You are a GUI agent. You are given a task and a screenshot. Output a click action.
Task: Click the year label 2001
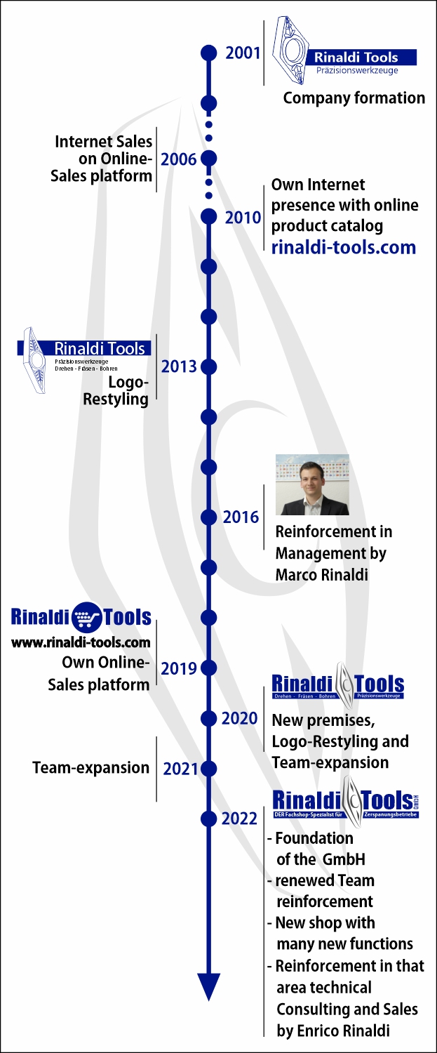pos(243,53)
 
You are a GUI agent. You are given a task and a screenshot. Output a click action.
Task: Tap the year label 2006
pos(179,159)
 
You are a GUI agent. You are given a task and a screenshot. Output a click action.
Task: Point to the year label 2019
pos(179,668)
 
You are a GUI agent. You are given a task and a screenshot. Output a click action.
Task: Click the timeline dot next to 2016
pos(208,517)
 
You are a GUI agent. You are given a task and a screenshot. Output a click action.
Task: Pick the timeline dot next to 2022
pos(208,818)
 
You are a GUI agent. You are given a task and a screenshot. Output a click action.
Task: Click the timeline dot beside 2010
pos(208,216)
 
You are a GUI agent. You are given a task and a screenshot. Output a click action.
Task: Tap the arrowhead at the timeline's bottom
pos(208,986)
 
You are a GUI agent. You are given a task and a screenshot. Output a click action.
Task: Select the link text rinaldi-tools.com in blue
pos(344,247)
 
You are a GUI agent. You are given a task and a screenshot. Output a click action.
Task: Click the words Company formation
pos(354,98)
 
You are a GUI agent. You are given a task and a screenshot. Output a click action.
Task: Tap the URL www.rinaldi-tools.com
pos(81,642)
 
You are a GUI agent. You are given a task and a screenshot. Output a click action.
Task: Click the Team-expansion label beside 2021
pos(91,768)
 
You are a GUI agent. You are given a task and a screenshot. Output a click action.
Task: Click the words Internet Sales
pos(104,142)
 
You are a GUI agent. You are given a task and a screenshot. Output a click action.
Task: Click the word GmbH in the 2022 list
pos(345,859)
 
